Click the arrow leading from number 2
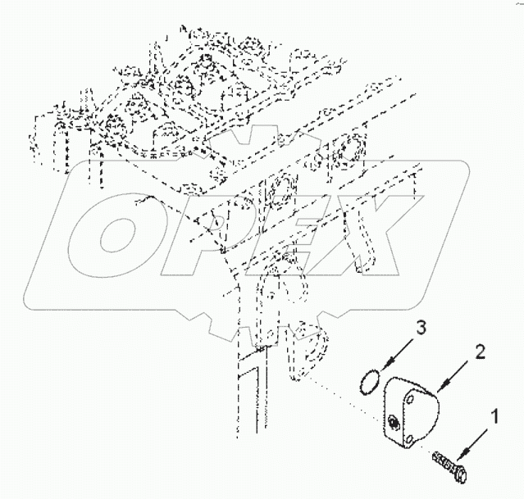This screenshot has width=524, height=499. pyautogui.click(x=445, y=373)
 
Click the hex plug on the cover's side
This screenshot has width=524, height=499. pyautogui.click(x=394, y=421)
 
